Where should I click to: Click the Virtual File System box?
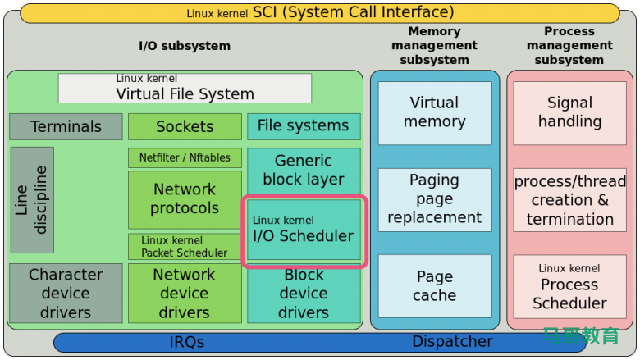point(185,88)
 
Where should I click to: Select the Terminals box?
point(66,126)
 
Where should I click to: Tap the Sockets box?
point(185,126)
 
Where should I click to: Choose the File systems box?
point(304,126)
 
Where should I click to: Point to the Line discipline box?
point(32,200)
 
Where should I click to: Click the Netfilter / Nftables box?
point(185,157)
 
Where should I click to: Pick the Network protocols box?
point(185,199)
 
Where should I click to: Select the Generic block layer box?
point(304,171)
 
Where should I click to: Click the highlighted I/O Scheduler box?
point(304,230)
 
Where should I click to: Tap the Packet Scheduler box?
point(185,247)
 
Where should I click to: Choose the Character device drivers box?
point(66,293)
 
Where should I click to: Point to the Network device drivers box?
point(185,293)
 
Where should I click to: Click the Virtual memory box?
point(434,112)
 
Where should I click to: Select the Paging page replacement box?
point(434,199)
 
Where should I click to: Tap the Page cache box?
point(434,286)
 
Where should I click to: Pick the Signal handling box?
point(569,112)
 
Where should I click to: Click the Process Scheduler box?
point(569,286)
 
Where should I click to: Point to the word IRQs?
point(187,342)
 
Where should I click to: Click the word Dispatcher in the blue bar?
point(452,342)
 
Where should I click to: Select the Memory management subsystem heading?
point(434,45)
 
